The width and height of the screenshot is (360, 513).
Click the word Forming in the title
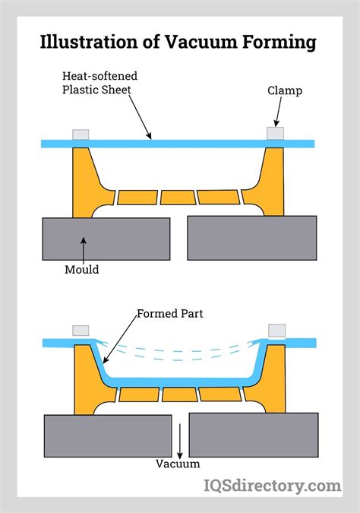tap(278, 42)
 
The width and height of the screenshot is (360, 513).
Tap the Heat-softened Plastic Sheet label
tap(101, 83)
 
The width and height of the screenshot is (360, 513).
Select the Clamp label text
tap(284, 90)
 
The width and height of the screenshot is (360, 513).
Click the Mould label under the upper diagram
tap(82, 268)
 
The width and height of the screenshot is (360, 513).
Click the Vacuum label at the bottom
tap(178, 464)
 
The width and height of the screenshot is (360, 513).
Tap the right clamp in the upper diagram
tap(276, 134)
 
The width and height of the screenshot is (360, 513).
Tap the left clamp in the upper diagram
tap(81, 135)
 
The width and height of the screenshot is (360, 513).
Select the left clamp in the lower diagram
tap(81, 331)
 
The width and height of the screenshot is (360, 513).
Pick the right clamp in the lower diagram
tap(276, 331)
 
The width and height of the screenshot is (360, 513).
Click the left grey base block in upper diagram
tap(106, 239)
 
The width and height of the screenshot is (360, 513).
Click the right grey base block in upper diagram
tap(251, 238)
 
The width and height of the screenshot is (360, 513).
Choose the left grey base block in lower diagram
tap(106, 435)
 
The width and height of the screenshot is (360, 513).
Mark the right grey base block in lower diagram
tap(252, 435)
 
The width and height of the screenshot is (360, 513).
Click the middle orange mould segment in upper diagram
tap(178, 198)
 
